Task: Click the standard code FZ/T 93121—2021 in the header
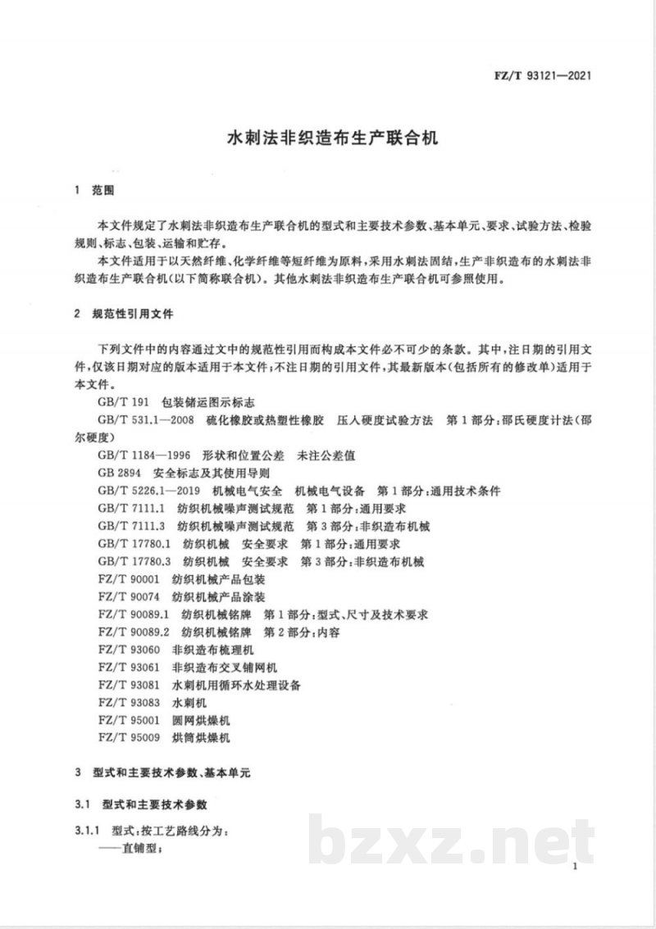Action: click(x=542, y=79)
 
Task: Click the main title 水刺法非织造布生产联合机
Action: click(x=327, y=136)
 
